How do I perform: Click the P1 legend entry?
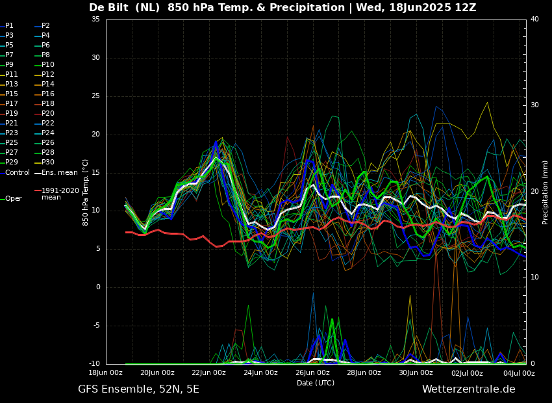point(7,26)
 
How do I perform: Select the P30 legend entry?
point(45,162)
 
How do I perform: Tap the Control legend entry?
point(15,173)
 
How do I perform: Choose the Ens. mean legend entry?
point(56,173)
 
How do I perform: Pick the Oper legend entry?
point(11,199)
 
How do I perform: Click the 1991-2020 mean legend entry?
point(57,194)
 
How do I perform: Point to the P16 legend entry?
point(45,94)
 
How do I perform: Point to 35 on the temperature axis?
point(95,19)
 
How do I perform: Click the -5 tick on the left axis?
point(95,326)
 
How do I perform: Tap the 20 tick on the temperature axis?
point(95,134)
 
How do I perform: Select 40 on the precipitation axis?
point(534,19)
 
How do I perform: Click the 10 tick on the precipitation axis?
point(534,278)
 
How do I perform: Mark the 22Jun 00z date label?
point(209,372)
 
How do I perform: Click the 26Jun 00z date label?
point(312,372)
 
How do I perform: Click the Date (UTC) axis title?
point(316,383)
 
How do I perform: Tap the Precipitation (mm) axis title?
point(546,192)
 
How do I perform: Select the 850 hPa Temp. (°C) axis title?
point(85,192)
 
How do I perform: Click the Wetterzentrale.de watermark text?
point(469,389)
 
